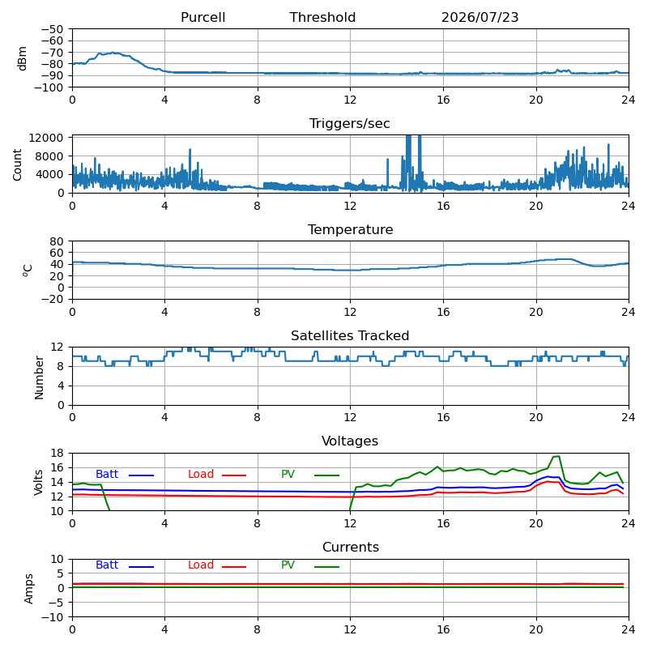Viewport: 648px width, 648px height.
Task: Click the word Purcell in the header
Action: click(x=203, y=17)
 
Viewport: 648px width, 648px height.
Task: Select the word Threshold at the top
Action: click(x=322, y=17)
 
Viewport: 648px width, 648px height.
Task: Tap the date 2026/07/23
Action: click(x=480, y=17)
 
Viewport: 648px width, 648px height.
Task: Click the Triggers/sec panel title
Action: click(x=350, y=124)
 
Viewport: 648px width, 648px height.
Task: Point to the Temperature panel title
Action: click(x=351, y=230)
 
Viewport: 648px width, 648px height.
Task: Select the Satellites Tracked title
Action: click(x=350, y=335)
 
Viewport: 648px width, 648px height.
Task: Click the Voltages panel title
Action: click(x=350, y=441)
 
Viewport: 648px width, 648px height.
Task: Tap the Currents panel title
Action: click(x=351, y=548)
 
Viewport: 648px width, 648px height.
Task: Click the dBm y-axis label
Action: click(x=23, y=58)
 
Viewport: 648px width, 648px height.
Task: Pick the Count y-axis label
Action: click(x=17, y=165)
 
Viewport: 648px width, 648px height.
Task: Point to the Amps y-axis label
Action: click(x=28, y=589)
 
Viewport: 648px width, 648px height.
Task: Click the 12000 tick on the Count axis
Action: click(x=46, y=138)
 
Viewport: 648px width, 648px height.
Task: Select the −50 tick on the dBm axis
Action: click(x=52, y=29)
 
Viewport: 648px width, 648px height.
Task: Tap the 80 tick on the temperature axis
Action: click(x=57, y=241)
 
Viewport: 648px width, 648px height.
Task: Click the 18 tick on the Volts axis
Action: click(x=57, y=454)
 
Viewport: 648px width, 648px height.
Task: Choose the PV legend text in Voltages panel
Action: click(x=288, y=474)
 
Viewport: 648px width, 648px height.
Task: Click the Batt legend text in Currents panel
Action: click(x=107, y=565)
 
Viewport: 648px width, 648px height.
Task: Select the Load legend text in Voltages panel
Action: click(x=200, y=474)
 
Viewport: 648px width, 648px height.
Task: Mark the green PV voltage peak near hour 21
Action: click(x=556, y=456)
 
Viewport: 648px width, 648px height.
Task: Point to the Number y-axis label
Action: click(x=39, y=377)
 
